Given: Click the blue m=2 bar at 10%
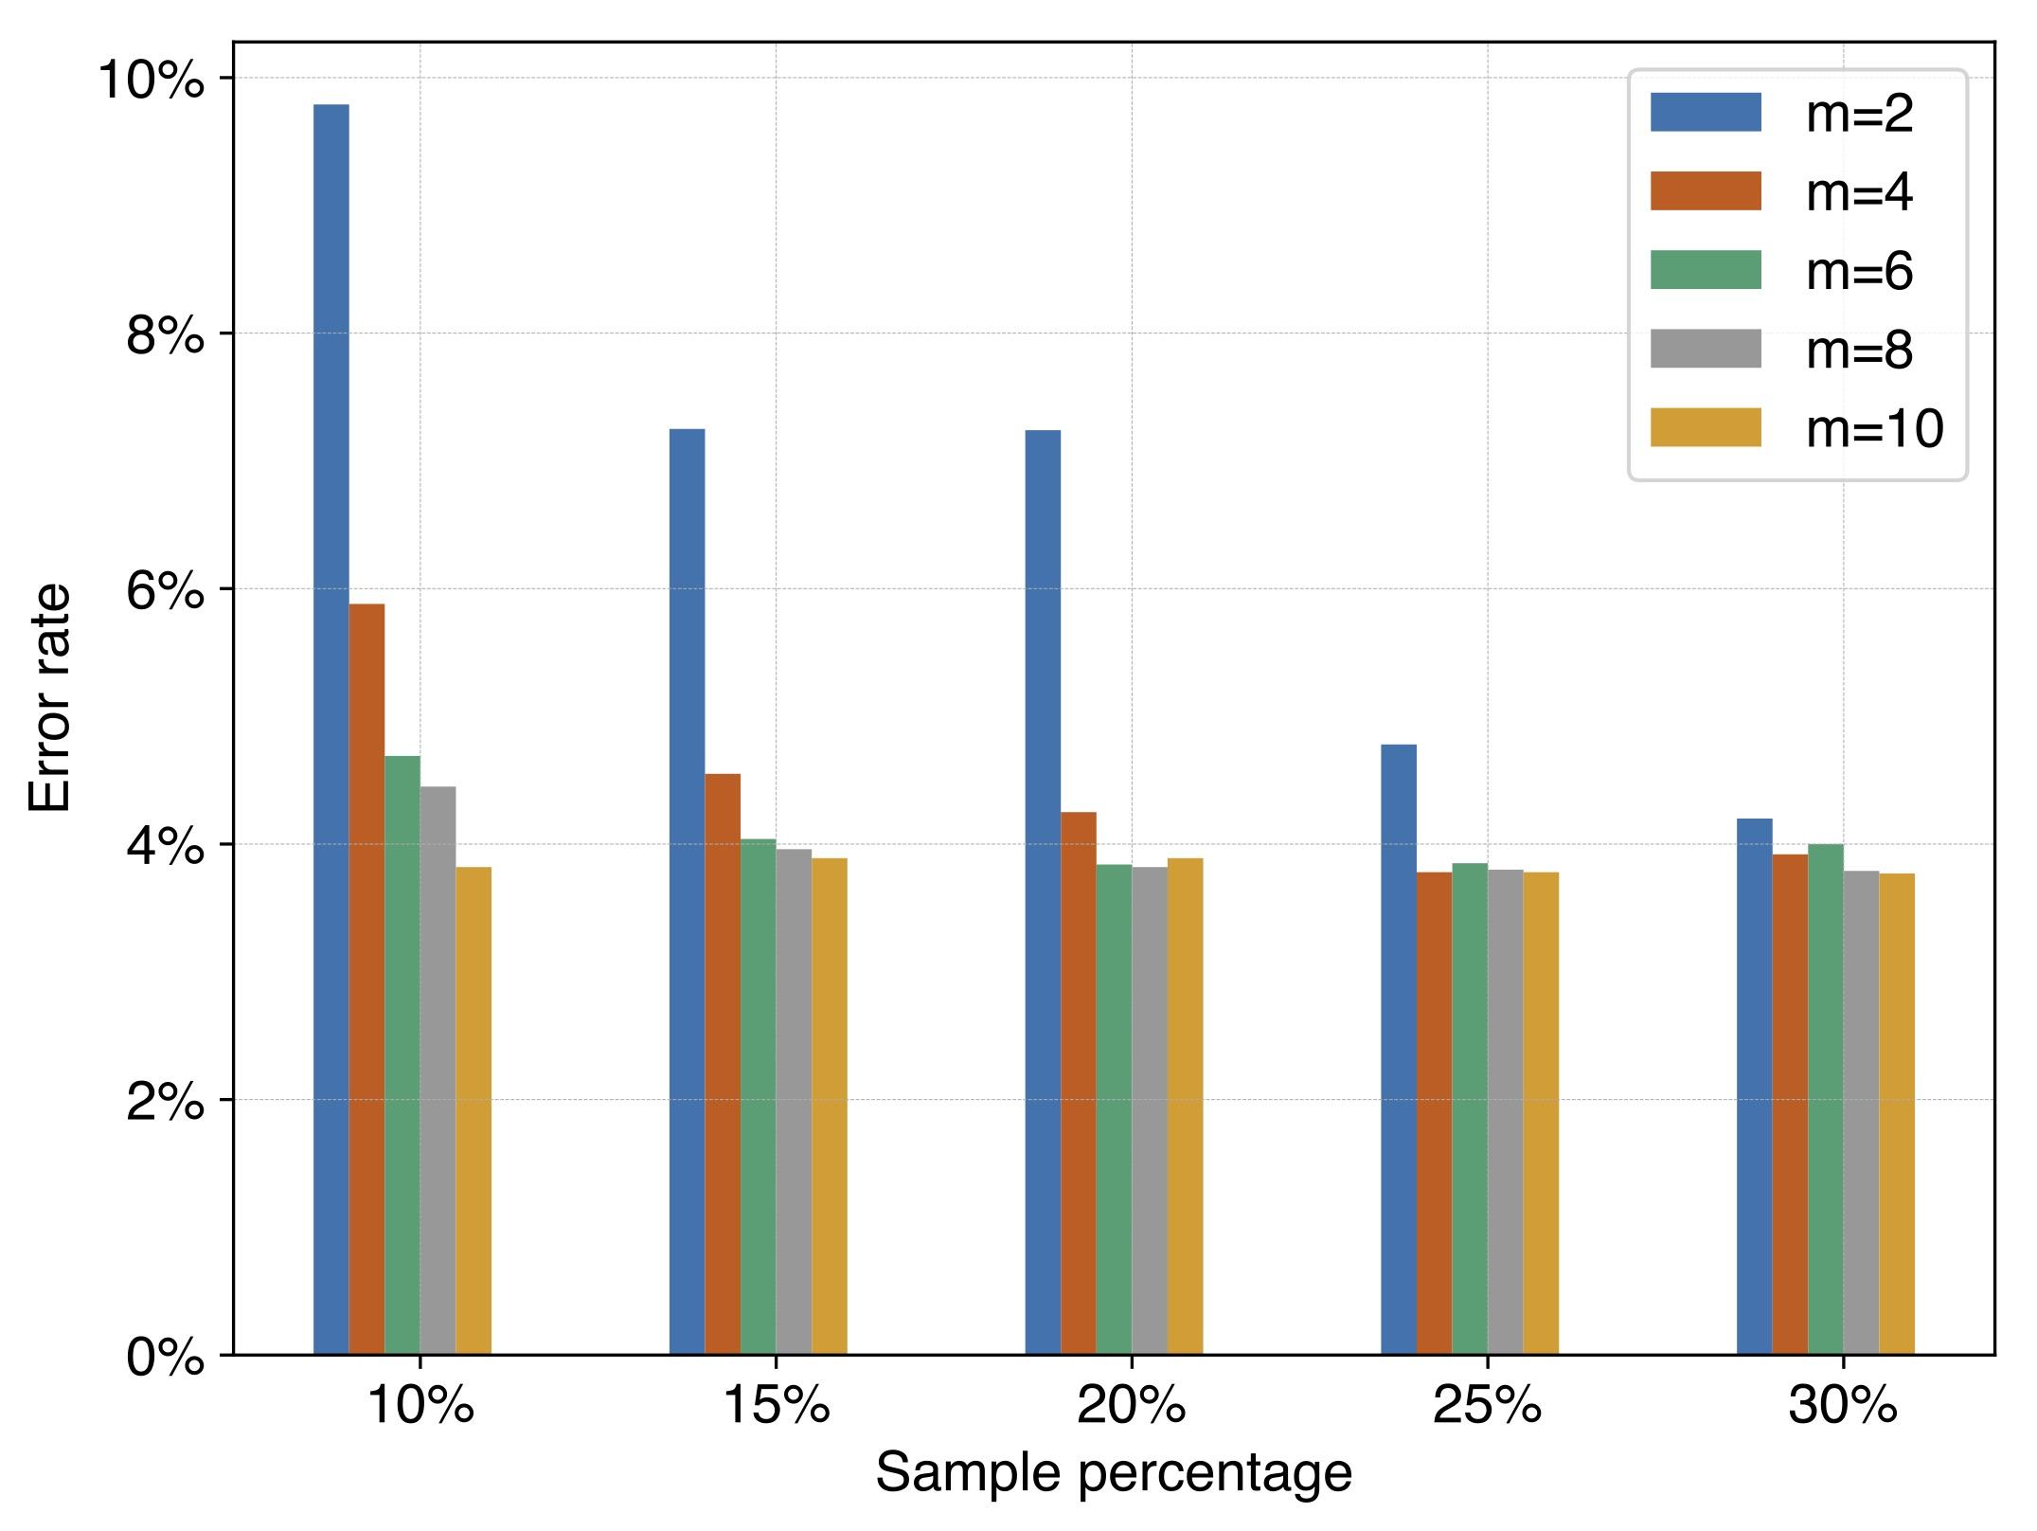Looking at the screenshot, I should [x=331, y=729].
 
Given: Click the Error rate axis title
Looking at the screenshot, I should [x=50, y=698].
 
